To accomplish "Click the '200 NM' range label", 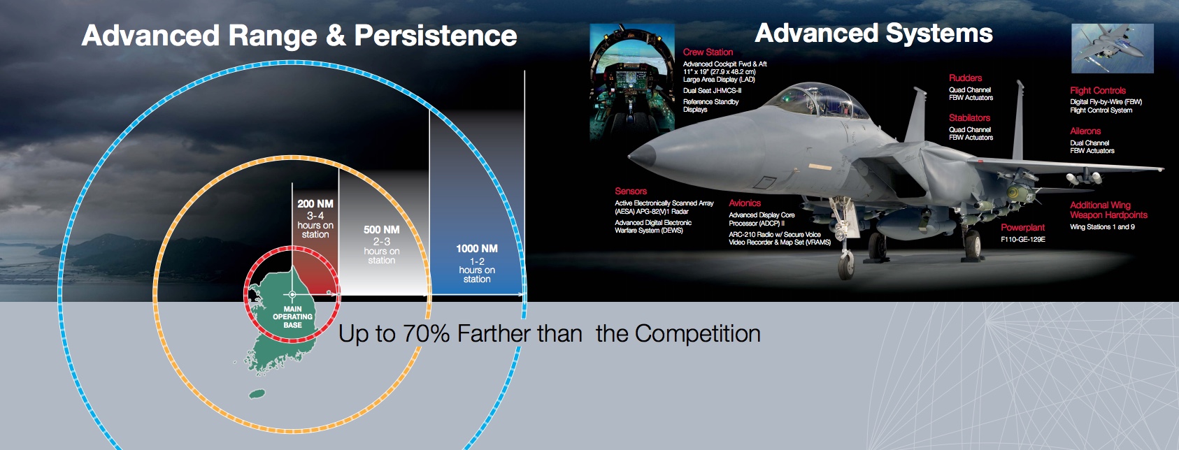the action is [x=315, y=204].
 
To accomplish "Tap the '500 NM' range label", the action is [x=382, y=230].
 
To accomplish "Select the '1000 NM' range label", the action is [x=477, y=249].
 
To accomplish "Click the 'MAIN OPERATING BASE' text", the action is [x=292, y=317].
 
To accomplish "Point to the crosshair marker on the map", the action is [x=292, y=295].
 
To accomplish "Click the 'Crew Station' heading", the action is [x=708, y=52].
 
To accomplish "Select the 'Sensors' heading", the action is [x=631, y=191].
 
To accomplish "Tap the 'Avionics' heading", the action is [x=745, y=203].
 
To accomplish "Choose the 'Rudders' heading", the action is [x=965, y=78].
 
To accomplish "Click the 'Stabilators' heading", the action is [x=969, y=118].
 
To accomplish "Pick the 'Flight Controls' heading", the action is [x=1098, y=90].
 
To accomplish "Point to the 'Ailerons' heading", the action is [x=1085, y=131].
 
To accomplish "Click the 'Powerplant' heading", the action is [x=1022, y=228].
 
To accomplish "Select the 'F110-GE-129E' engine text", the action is [x=1023, y=240].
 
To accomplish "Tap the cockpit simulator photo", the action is [x=632, y=82].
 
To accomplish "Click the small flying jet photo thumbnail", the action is [x=1112, y=48].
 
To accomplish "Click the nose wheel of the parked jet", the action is [x=846, y=266].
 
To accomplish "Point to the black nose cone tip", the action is [x=630, y=156].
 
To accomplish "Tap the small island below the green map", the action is [x=257, y=394].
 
